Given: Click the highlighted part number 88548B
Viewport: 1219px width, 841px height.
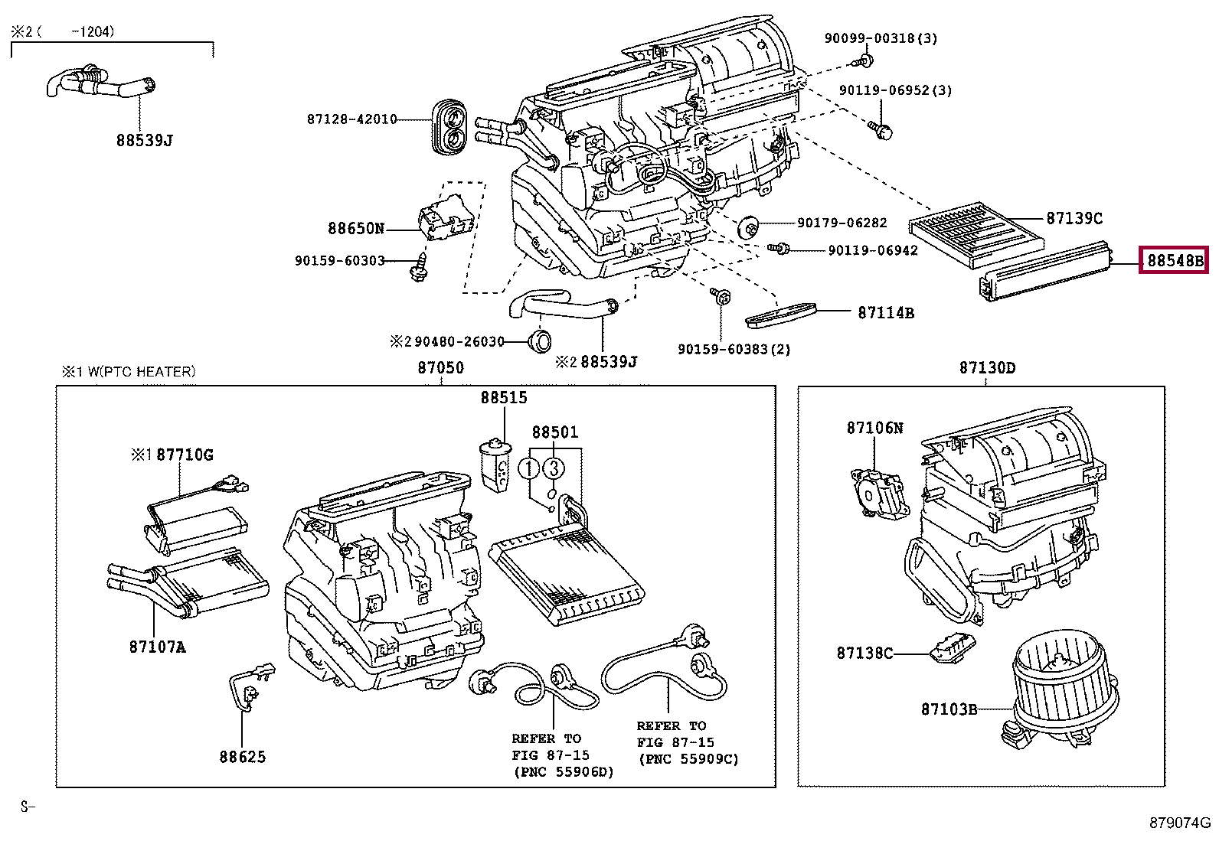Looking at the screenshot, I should coord(1173,261).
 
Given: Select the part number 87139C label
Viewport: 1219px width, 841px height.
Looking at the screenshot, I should coord(1074,219).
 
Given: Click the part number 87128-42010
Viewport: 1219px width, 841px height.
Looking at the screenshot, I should coord(351,119).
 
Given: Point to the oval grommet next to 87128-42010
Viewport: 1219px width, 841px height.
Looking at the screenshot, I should coord(449,128).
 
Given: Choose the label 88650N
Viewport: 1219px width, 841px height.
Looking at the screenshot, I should coord(355,228).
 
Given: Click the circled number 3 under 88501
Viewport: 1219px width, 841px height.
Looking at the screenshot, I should coord(554,468).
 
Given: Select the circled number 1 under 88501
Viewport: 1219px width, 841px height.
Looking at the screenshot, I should coord(529,468).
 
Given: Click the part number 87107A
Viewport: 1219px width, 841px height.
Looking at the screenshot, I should coord(157,647).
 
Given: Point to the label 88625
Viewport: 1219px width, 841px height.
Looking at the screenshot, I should coord(242,757).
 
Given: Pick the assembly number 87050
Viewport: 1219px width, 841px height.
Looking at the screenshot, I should coord(440,368).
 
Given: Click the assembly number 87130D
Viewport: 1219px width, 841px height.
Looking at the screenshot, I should coord(987,368).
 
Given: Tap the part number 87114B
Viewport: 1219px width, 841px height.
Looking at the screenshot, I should coord(885,313).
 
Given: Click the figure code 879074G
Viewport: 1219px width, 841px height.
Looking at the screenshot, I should coord(1179,823).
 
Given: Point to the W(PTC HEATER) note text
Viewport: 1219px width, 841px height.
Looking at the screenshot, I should coord(141,372).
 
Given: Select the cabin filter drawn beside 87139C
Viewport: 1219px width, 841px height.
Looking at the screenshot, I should coord(976,234).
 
